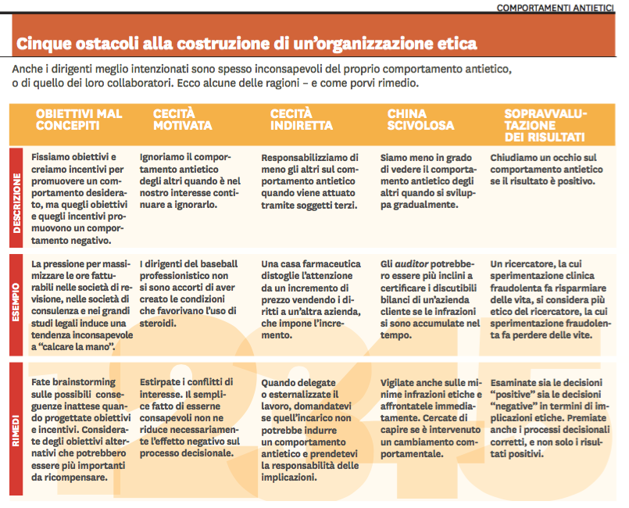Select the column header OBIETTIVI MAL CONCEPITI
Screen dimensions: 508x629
click(79, 120)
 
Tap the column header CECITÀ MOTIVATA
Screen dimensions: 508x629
click(182, 120)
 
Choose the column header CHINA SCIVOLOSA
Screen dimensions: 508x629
click(420, 120)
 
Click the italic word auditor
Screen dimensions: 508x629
click(413, 264)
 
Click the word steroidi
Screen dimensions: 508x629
click(161, 302)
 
